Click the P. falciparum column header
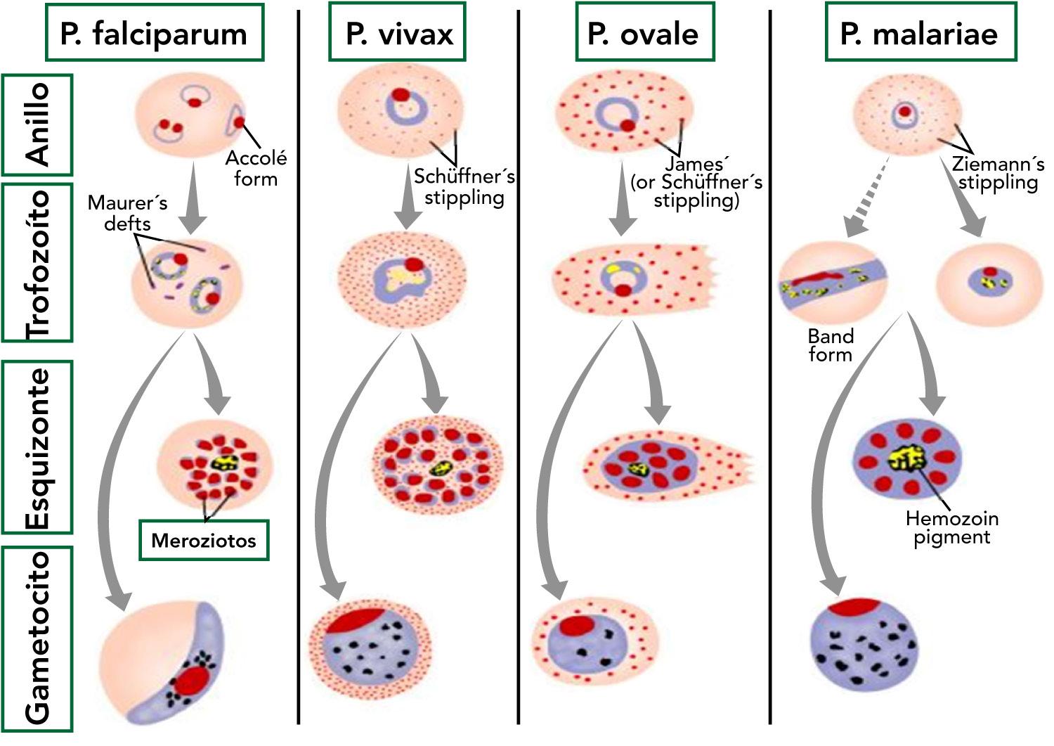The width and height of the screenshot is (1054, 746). click(x=153, y=32)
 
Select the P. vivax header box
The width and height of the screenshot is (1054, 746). click(x=398, y=32)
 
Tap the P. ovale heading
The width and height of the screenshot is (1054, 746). click(x=643, y=32)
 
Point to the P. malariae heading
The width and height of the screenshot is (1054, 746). click(x=919, y=32)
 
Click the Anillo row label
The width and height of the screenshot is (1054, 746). click(x=37, y=124)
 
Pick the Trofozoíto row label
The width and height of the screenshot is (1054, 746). click(x=37, y=263)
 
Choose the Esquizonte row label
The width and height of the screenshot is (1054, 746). click(x=37, y=447)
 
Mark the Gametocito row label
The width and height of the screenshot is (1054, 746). click(x=37, y=638)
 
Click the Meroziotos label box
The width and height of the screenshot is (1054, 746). click(x=204, y=540)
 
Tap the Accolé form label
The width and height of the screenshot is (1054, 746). click(x=255, y=168)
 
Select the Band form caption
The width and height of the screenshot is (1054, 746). click(x=830, y=345)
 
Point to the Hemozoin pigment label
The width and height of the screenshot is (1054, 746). click(x=951, y=528)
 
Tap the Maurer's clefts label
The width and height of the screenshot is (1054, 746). click(x=127, y=213)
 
